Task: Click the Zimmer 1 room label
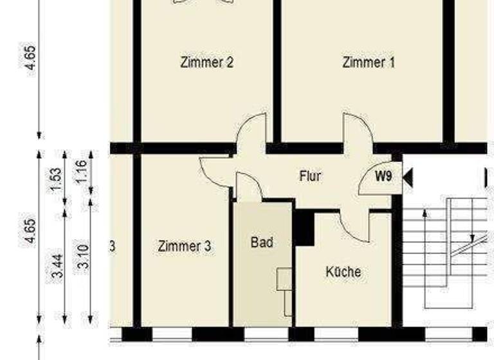(369, 62)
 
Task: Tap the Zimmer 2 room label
(206, 62)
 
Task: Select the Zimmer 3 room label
(184, 246)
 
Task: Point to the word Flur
(310, 175)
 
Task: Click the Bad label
(262, 242)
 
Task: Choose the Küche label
(343, 271)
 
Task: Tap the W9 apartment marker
(383, 176)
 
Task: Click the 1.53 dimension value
(56, 179)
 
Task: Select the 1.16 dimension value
(81, 172)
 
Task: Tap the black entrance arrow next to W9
(407, 177)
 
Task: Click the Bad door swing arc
(248, 186)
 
